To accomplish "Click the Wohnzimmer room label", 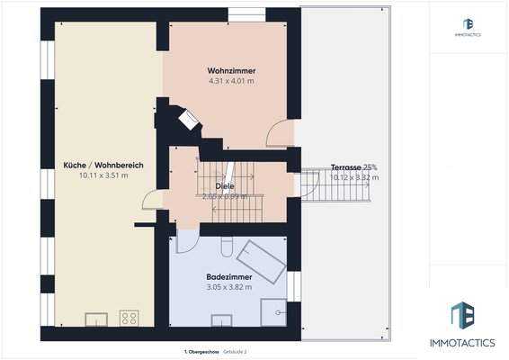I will [230, 70].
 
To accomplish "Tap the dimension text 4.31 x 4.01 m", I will [230, 81].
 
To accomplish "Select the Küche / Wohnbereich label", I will [104, 165].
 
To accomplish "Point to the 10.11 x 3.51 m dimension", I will [104, 175].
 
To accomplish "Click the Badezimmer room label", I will [228, 277].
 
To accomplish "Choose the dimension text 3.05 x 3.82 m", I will [228, 287].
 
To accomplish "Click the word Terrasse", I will [346, 167].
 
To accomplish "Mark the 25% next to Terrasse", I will [371, 167].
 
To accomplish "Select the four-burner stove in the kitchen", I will [129, 317].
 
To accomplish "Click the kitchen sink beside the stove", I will [95, 318].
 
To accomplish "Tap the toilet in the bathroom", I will [228, 247].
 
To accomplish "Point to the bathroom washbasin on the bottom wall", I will [219, 319].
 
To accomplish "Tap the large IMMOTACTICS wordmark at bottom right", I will [469, 343].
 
